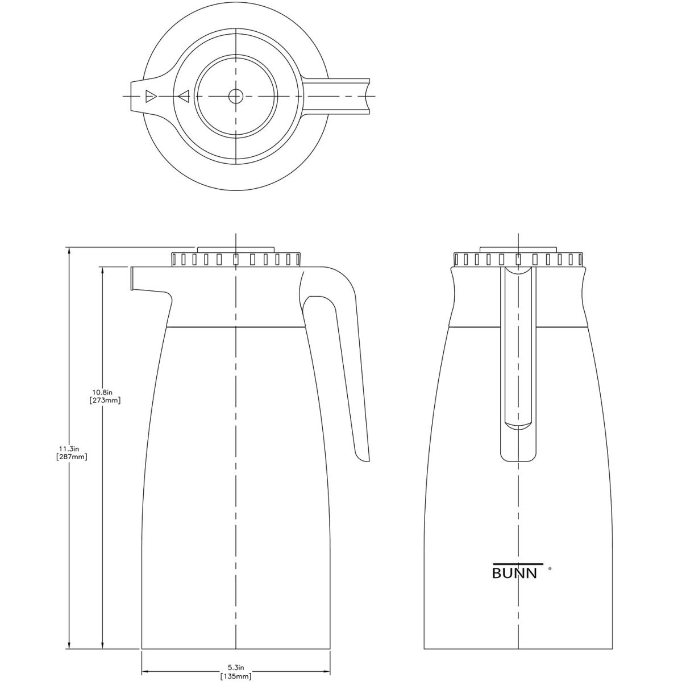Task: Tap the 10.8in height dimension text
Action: pos(105,392)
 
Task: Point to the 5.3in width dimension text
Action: pos(236,667)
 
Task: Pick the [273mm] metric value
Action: pos(105,400)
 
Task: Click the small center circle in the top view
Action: pos(235,96)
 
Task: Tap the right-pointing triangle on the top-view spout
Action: pos(150,96)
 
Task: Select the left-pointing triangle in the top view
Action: pos(183,97)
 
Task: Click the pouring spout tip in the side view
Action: pos(132,278)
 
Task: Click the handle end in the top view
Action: pos(367,96)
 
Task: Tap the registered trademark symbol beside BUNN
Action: pos(549,567)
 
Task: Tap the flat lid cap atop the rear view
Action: pos(518,249)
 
